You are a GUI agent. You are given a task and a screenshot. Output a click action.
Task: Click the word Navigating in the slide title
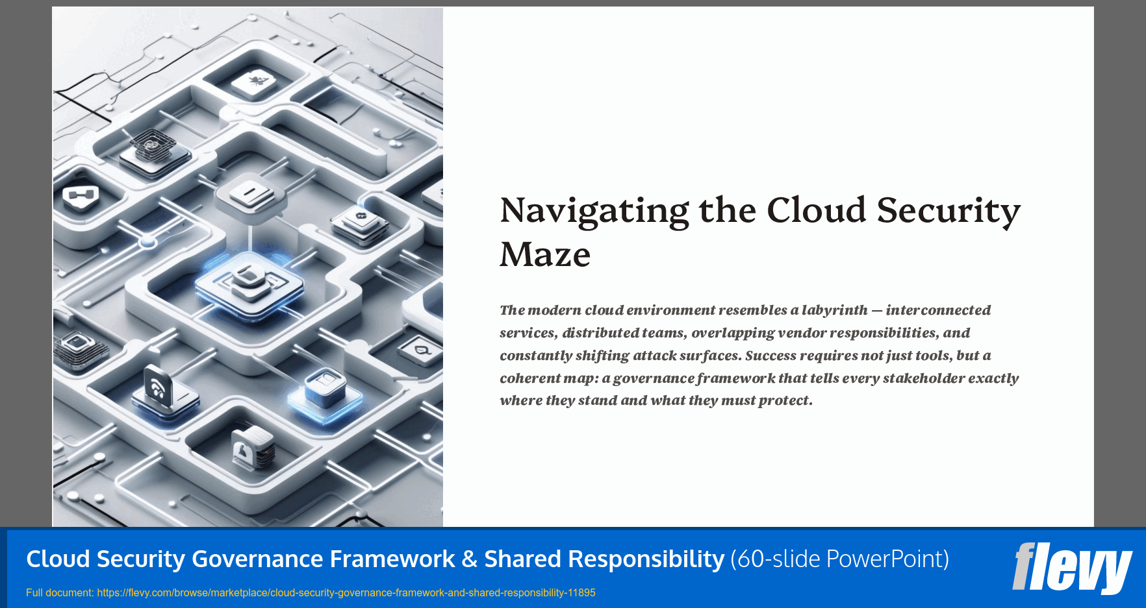pyautogui.click(x=594, y=212)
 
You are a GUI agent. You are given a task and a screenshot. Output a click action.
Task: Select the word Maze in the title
pyautogui.click(x=544, y=254)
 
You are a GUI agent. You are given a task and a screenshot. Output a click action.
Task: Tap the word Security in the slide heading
pyautogui.click(x=949, y=212)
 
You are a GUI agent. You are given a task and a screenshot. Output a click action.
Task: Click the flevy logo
pyautogui.click(x=1072, y=568)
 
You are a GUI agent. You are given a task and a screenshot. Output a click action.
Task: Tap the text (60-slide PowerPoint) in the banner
pyautogui.click(x=839, y=559)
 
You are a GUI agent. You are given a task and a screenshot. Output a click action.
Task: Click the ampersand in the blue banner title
pyautogui.click(x=469, y=559)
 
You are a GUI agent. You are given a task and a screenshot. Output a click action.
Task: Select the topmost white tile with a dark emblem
pyautogui.click(x=253, y=82)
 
